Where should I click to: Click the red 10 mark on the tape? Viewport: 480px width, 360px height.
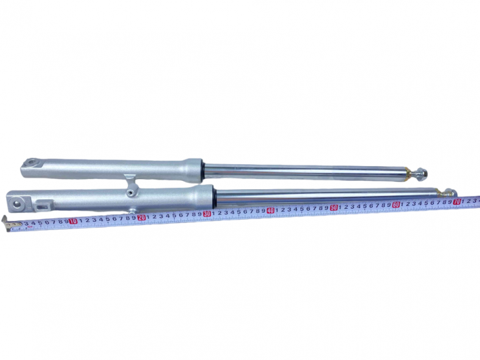point(73,221)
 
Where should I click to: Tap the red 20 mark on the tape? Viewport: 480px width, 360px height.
point(141,217)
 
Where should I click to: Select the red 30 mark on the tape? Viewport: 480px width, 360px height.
point(207,214)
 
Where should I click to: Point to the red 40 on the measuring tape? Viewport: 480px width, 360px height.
point(270,211)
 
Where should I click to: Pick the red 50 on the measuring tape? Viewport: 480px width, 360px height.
point(334,207)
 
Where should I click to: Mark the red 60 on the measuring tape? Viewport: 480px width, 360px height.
point(396,204)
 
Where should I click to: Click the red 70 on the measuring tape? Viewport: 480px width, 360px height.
point(457,202)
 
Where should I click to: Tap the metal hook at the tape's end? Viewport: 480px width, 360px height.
point(6,223)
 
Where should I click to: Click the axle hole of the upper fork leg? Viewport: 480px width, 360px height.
point(31,162)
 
